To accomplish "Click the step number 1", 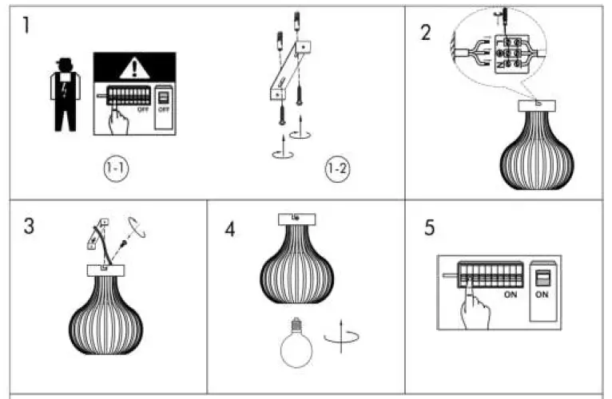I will [x=27, y=26].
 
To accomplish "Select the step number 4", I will [x=230, y=229].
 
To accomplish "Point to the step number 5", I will [x=430, y=228].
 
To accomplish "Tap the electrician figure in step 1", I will [x=63, y=95].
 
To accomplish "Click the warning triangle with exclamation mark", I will [x=134, y=69].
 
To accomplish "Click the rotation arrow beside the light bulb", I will [x=341, y=339].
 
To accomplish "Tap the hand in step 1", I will [x=120, y=121].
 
